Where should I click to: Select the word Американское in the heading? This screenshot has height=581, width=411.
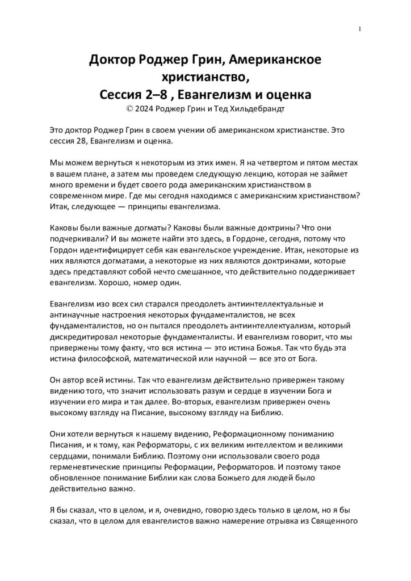278,61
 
